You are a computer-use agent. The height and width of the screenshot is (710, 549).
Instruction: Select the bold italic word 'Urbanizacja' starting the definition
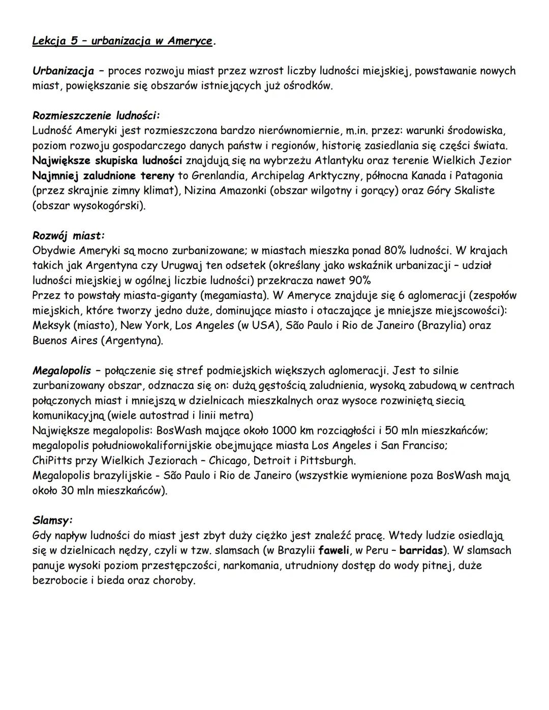click(63, 71)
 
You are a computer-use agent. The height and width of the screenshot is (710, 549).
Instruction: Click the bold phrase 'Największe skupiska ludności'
click(107, 161)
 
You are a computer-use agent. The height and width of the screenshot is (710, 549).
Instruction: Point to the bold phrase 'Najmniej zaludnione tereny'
click(104, 176)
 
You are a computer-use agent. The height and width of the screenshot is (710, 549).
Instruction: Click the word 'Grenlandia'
click(218, 176)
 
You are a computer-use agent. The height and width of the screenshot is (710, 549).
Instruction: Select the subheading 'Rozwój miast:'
click(69, 236)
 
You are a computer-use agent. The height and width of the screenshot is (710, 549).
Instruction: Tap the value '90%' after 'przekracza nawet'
click(359, 281)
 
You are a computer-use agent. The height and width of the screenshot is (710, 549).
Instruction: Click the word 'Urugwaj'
click(182, 265)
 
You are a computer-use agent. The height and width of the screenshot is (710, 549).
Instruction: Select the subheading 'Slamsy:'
click(52, 520)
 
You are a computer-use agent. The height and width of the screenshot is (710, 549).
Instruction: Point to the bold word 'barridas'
click(421, 550)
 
